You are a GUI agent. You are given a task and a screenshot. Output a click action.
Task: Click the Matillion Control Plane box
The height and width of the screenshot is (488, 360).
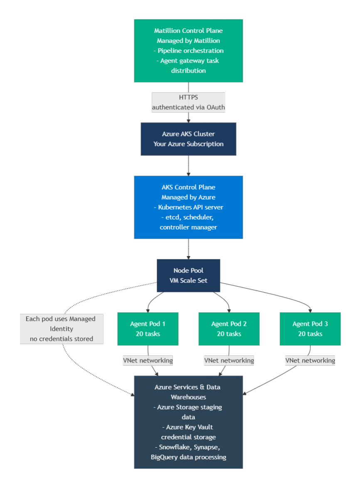pyautogui.click(x=188, y=50)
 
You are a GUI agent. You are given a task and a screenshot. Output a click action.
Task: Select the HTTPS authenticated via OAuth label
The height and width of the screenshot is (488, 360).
pyautogui.click(x=188, y=103)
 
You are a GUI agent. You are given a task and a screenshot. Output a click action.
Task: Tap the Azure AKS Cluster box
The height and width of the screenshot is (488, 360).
pyautogui.click(x=188, y=139)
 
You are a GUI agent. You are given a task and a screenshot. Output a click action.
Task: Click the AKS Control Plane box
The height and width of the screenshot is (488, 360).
pyautogui.click(x=188, y=207)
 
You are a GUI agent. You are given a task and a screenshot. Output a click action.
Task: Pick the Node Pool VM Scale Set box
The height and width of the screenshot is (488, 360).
pyautogui.click(x=188, y=276)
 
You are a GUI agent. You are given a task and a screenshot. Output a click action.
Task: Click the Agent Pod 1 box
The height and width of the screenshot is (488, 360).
pyautogui.click(x=148, y=329)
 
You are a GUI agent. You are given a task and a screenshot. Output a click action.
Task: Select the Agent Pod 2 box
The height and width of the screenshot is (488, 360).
pyautogui.click(x=229, y=329)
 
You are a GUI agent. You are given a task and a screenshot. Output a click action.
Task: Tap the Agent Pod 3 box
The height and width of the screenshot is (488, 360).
pyautogui.click(x=310, y=329)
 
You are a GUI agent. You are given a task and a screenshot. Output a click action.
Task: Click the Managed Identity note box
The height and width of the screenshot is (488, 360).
pyautogui.click(x=62, y=329)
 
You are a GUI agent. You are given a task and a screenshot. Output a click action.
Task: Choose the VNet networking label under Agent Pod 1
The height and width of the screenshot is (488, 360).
pyautogui.click(x=148, y=360)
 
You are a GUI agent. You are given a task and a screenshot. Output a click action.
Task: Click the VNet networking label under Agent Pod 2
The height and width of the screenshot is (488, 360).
pyautogui.click(x=229, y=360)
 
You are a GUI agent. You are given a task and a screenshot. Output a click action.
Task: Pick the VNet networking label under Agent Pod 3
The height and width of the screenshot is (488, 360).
pyautogui.click(x=310, y=360)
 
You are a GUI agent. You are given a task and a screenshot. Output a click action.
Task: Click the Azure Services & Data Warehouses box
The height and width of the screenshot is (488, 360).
pyautogui.click(x=188, y=422)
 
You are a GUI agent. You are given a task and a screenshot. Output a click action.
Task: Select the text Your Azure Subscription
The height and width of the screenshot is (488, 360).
pyautogui.click(x=188, y=144)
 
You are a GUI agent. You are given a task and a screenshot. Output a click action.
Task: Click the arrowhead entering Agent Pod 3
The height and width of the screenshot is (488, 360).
pyautogui.click(x=310, y=310)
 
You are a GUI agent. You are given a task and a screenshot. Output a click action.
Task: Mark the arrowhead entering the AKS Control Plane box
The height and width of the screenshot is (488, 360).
pyautogui.click(x=188, y=173)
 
